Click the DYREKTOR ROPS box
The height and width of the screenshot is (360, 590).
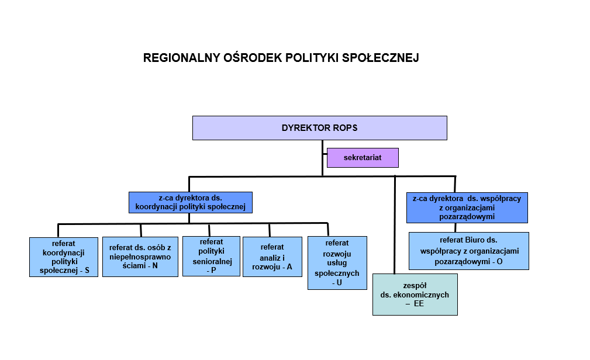(319, 127)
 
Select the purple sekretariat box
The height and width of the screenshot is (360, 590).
(363, 158)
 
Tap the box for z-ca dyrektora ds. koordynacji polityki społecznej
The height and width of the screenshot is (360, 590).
(191, 202)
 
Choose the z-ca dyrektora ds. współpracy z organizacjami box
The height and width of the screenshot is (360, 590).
(467, 207)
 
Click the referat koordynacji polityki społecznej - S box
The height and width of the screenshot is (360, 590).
(64, 257)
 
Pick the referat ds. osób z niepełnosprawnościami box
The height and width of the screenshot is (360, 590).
(140, 257)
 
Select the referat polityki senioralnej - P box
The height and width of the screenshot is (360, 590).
(211, 255)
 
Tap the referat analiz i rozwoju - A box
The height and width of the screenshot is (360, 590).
(272, 257)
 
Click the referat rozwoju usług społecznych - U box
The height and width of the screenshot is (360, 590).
(337, 262)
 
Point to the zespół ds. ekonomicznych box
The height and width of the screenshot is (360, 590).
(415, 294)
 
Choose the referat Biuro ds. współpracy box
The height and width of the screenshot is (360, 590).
(468, 251)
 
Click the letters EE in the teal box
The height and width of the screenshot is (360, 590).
(418, 304)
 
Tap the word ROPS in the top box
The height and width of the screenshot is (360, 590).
(346, 127)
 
